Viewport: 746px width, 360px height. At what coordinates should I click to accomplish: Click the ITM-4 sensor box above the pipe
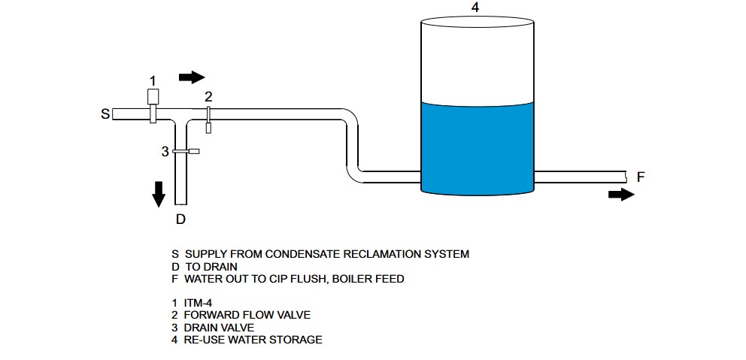pyautogui.click(x=153, y=96)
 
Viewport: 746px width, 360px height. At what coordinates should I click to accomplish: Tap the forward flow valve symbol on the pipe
pyautogui.click(x=208, y=118)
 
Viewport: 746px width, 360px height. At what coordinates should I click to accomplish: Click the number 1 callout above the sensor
pyautogui.click(x=153, y=80)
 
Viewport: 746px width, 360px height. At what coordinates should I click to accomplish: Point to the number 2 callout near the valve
pyautogui.click(x=208, y=95)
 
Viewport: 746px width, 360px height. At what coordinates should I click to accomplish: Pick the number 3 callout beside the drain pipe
pyautogui.click(x=165, y=151)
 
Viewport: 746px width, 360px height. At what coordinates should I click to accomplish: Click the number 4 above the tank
pyautogui.click(x=475, y=8)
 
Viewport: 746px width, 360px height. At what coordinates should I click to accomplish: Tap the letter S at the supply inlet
pyautogui.click(x=105, y=114)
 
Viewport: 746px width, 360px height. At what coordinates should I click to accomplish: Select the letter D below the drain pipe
pyautogui.click(x=180, y=219)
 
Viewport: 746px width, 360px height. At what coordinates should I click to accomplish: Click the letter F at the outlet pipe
pyautogui.click(x=641, y=177)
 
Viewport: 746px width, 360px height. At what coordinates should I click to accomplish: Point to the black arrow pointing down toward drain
pyautogui.click(x=159, y=193)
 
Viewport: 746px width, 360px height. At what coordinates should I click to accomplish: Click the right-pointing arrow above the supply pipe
pyautogui.click(x=192, y=77)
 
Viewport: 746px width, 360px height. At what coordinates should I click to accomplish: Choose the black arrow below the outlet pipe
pyautogui.click(x=620, y=195)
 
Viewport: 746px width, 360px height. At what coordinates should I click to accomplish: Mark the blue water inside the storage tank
pyautogui.click(x=477, y=147)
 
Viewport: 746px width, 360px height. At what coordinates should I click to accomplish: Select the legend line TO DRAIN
pyautogui.click(x=211, y=266)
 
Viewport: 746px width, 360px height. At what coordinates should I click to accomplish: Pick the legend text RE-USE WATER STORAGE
pyautogui.click(x=253, y=340)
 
